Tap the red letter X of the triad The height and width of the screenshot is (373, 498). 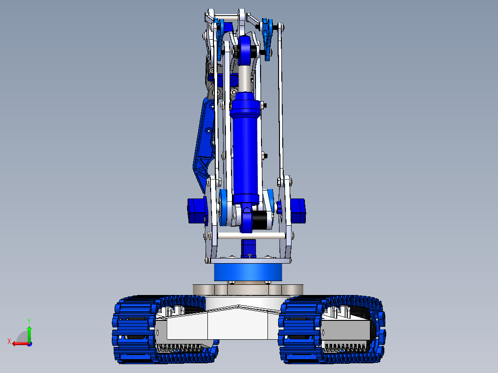(x=9, y=341)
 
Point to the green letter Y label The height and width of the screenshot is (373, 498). (x=29, y=320)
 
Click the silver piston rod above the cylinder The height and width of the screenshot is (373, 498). (x=245, y=76)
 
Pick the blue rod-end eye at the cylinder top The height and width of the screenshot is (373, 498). (x=245, y=48)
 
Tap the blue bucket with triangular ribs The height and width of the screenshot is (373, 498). (x=203, y=148)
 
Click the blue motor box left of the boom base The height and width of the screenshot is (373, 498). (x=196, y=211)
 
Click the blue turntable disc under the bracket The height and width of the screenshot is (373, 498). (x=248, y=272)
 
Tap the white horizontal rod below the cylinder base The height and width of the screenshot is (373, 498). (x=249, y=236)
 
